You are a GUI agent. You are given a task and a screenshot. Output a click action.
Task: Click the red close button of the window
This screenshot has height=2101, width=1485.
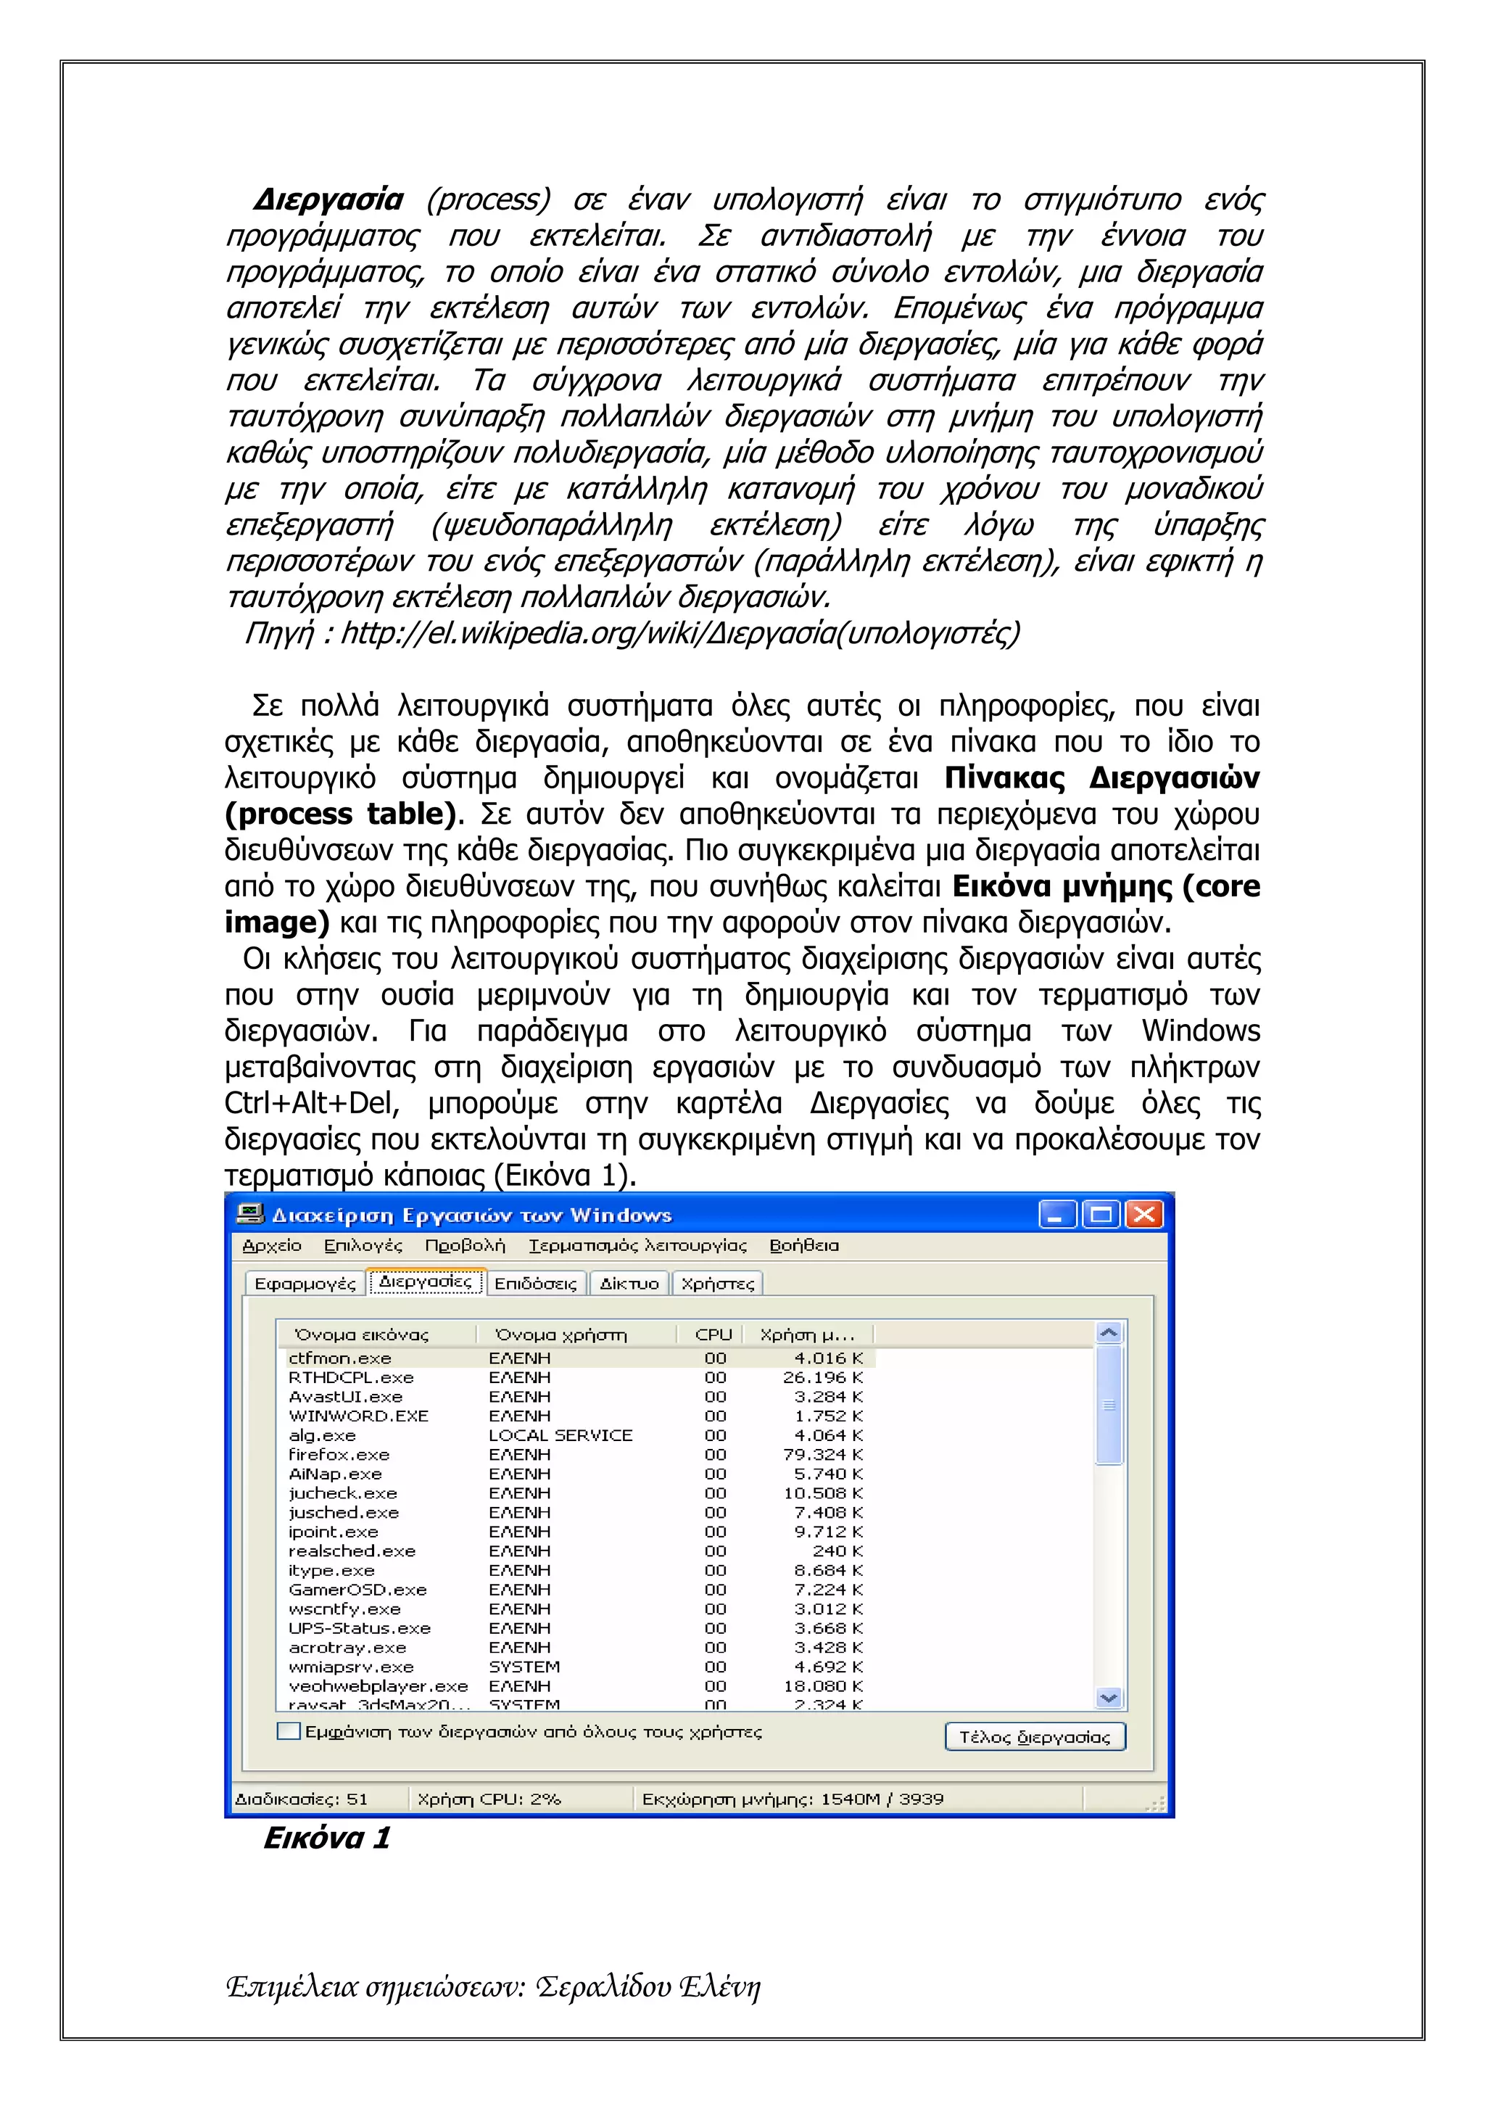[1143, 1214]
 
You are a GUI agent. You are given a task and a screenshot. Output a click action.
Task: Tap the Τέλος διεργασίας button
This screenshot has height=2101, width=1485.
[1034, 1737]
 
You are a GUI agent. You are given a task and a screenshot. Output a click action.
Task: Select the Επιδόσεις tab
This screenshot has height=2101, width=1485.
[535, 1284]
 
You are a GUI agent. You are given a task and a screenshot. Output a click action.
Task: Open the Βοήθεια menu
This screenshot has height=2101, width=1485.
[803, 1245]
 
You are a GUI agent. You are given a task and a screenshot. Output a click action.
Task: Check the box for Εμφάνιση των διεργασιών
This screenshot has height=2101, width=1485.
[288, 1731]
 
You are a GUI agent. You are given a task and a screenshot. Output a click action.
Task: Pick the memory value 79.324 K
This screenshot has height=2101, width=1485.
[822, 1454]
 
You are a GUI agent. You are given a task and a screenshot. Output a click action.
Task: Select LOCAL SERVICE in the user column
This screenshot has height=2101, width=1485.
[560, 1435]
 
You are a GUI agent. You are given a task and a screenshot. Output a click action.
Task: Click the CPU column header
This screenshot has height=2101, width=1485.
[713, 1334]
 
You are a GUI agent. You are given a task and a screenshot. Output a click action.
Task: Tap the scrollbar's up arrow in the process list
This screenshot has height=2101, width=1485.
[1108, 1333]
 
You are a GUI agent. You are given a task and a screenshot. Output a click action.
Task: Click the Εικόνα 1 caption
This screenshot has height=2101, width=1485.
[326, 1838]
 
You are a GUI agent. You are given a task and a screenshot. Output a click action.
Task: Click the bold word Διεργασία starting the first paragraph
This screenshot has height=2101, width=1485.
[328, 199]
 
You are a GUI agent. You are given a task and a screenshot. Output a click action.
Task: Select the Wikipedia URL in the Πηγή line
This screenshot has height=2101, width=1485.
[680, 632]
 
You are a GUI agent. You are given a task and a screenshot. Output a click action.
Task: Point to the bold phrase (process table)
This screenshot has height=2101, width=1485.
[339, 814]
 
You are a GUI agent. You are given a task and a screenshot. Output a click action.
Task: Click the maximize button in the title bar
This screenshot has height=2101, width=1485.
[1101, 1214]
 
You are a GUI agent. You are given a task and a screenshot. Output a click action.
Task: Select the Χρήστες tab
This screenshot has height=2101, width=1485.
[717, 1284]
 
